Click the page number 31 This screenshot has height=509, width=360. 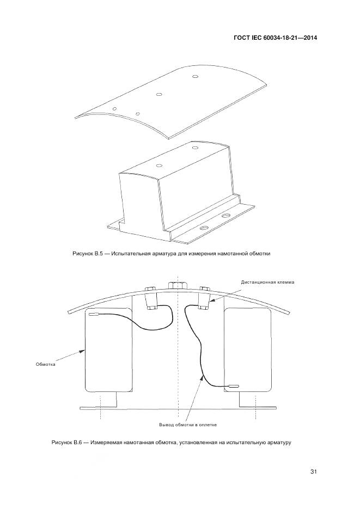[x=313, y=471]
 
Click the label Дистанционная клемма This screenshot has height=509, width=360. [x=267, y=282]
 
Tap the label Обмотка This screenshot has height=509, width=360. [x=45, y=364]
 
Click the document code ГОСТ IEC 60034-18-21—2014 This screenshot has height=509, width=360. [x=275, y=38]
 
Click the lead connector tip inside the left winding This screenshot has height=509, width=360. [x=94, y=314]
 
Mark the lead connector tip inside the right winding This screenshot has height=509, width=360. [x=233, y=386]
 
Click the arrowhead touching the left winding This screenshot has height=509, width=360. [x=82, y=351]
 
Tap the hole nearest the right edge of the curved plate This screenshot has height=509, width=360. [x=195, y=77]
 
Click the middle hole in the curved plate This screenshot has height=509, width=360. [x=158, y=95]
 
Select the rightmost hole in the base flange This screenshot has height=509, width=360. [x=225, y=215]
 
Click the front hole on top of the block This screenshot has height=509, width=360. [x=159, y=165]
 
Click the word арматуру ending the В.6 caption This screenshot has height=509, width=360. [x=280, y=443]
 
